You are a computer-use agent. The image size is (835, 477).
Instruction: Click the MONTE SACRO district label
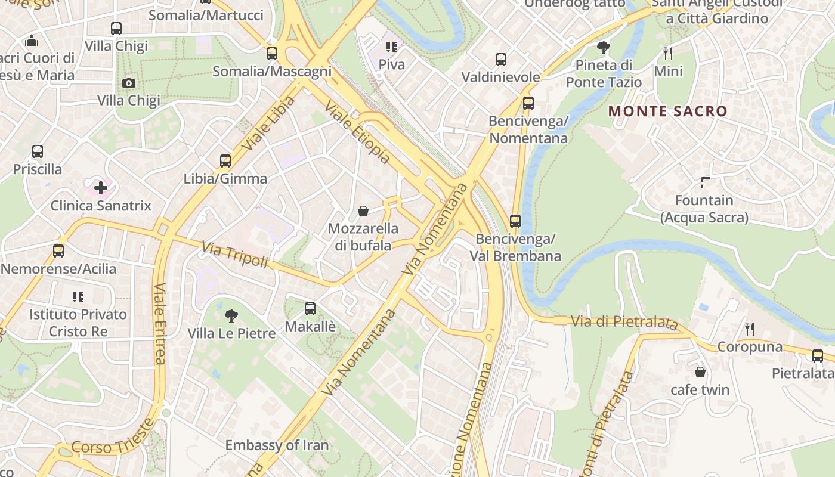tap(668, 111)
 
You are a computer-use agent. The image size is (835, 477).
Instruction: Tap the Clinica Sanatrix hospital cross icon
tap(101, 188)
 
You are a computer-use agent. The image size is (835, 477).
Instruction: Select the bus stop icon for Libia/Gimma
tap(225, 160)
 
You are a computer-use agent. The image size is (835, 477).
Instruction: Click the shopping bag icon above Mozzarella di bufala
tap(363, 211)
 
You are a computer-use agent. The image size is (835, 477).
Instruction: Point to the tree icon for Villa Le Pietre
tap(231, 315)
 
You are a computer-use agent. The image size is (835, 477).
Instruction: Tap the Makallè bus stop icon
tap(310, 308)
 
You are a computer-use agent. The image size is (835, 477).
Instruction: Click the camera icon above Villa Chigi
tap(129, 83)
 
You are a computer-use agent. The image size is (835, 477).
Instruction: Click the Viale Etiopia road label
tap(357, 132)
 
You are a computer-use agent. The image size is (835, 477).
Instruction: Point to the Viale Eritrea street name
tap(160, 323)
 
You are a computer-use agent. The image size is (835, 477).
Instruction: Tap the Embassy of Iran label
tap(277, 445)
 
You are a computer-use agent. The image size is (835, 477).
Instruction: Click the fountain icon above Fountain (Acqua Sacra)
tap(705, 182)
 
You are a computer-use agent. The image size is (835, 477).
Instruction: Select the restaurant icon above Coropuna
tap(750, 328)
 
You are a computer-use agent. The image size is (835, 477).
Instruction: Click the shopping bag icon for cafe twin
tap(700, 372)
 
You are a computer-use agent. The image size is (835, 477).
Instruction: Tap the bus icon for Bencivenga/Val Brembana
tap(515, 221)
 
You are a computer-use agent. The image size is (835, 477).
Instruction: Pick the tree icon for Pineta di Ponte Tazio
tap(604, 47)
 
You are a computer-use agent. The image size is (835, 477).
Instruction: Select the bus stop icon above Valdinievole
tap(501, 59)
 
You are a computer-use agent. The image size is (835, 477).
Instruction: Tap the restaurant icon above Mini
tap(668, 54)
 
